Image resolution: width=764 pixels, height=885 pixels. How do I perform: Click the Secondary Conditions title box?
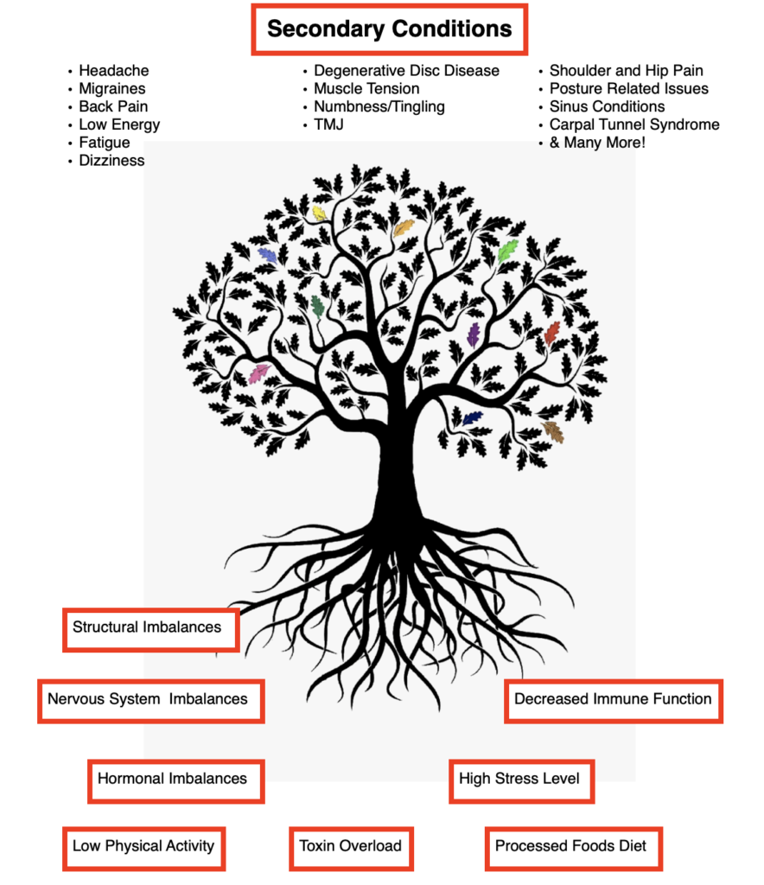389,29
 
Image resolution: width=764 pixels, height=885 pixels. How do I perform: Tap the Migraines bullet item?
111,89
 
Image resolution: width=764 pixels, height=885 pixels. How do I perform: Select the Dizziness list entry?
111,161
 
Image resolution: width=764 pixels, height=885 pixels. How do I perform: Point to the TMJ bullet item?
328,124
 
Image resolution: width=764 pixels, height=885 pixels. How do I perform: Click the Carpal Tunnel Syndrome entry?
634,124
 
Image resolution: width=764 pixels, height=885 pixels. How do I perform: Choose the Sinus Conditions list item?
607,106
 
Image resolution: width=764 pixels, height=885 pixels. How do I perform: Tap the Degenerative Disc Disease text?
406,71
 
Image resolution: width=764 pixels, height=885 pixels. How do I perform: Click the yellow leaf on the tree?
320,213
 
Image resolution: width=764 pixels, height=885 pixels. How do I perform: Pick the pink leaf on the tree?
259,373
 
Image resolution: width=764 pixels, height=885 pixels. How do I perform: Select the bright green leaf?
508,250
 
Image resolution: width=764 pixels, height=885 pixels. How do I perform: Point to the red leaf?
552,333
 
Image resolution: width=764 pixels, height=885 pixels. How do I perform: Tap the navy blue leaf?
472,417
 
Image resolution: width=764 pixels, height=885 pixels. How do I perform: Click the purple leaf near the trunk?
474,335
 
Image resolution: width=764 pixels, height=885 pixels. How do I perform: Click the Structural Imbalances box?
151,630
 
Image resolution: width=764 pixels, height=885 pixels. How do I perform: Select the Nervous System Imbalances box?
151,701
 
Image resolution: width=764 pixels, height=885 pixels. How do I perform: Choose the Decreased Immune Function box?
614,701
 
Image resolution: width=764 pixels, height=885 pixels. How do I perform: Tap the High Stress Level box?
522,781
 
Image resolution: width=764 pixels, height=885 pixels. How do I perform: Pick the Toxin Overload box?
351,849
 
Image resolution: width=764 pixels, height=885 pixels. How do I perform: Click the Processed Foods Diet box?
573,849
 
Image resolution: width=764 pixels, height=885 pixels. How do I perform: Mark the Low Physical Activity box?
143,849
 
